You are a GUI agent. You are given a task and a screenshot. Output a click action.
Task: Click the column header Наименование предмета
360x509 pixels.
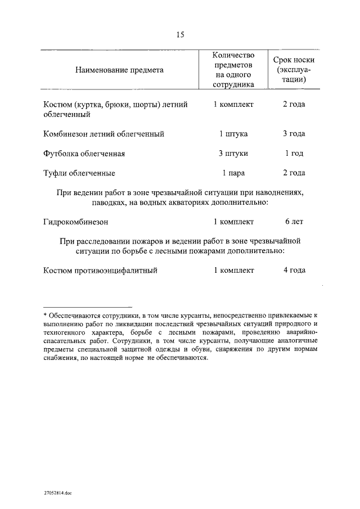(119, 70)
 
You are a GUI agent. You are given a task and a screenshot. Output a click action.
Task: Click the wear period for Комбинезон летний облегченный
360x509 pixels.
(294, 134)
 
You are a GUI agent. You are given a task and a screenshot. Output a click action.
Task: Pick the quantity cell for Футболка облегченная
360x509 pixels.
(233, 154)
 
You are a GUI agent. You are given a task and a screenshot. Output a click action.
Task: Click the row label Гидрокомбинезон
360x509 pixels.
(75, 222)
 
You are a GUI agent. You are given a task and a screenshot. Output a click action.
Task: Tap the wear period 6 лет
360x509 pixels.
(294, 222)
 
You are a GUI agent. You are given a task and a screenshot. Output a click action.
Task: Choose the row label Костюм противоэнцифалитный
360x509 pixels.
(100, 271)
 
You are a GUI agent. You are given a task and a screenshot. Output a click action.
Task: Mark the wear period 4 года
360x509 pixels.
(294, 271)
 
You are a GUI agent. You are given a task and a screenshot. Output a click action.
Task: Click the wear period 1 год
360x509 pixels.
(294, 154)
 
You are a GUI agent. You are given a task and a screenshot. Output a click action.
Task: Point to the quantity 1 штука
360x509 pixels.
(233, 134)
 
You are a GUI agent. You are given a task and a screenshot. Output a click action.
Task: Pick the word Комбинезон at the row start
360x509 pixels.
(66, 134)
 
